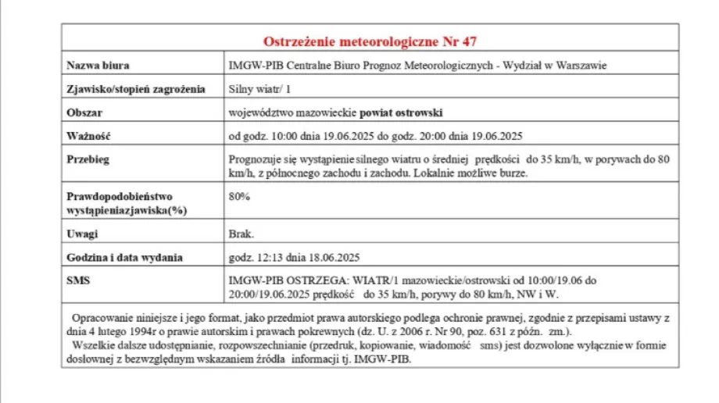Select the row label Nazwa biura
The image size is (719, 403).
98,65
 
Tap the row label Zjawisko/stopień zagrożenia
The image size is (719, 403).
135,88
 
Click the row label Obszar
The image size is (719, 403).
84,112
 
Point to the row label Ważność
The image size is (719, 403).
89,135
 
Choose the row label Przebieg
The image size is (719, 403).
88,159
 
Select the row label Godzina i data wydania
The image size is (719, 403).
124,256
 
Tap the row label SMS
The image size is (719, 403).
79,280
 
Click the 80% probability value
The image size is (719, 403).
238,196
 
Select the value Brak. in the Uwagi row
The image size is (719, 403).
241,233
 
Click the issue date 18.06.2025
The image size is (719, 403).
334,256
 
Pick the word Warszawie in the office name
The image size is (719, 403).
582,65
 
